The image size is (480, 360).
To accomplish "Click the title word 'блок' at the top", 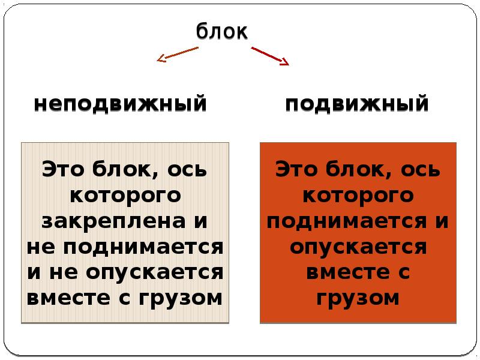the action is pos(221,31).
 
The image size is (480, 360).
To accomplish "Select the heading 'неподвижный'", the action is pos(121,104).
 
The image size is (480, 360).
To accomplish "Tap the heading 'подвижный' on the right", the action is pos(357,104).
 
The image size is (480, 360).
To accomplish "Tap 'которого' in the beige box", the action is pos(125,195).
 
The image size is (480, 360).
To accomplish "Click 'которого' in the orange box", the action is pos(358,195).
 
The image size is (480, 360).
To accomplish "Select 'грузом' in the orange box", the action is pos(358,298).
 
